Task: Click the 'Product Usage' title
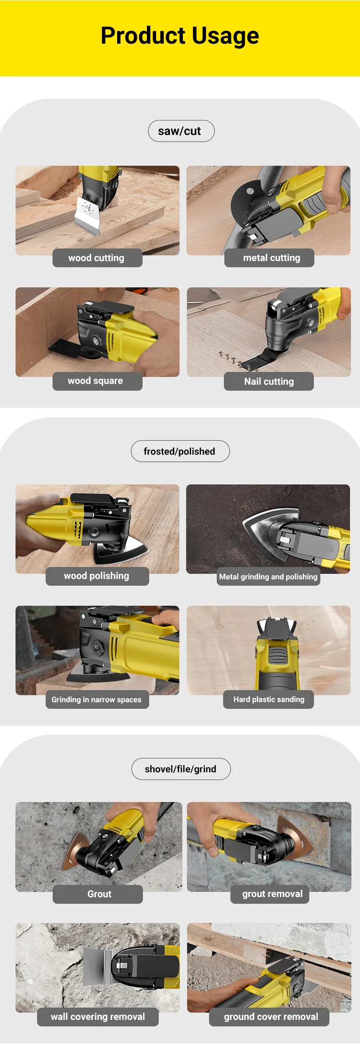pos(180,36)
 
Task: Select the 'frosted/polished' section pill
pos(180,451)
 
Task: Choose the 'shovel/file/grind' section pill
pos(181,769)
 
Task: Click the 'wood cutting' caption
pos(97,258)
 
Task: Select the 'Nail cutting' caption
pos(269,382)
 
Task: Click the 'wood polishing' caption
pos(97,576)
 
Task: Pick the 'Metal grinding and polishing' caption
pos(268,576)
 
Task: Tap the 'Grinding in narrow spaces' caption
pos(97,700)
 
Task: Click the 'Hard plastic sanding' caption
pos(268,699)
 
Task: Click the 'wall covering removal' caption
pos(98,1017)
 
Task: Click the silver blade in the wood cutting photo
pos(88,216)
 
